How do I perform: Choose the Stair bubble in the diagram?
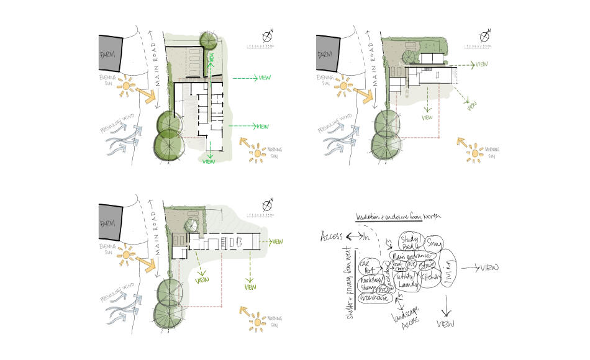(429, 266)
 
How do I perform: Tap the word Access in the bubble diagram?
(332, 236)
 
